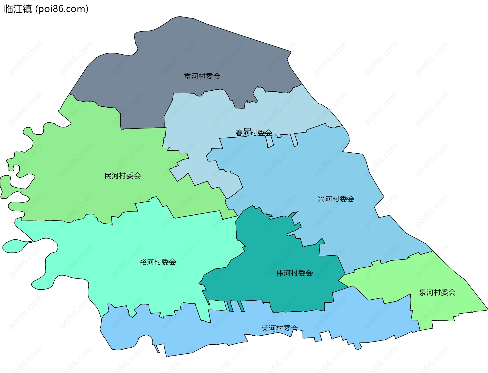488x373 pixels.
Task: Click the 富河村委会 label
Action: click(x=202, y=76)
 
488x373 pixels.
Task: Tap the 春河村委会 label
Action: click(x=254, y=133)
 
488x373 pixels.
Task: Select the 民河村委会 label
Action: click(x=123, y=175)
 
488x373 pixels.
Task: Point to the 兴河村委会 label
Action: click(x=336, y=199)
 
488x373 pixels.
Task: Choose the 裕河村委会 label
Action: click(x=158, y=262)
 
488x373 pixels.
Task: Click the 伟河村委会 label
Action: click(x=294, y=273)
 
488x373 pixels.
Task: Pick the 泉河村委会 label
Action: click(x=437, y=293)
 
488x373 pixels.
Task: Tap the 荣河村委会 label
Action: click(x=280, y=328)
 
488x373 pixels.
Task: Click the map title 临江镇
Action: click(x=18, y=9)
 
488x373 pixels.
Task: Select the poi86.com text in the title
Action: click(x=62, y=9)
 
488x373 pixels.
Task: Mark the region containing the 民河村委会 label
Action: click(x=89, y=152)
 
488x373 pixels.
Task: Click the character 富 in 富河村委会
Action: click(x=187, y=76)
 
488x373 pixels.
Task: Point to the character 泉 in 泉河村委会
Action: click(x=422, y=293)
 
